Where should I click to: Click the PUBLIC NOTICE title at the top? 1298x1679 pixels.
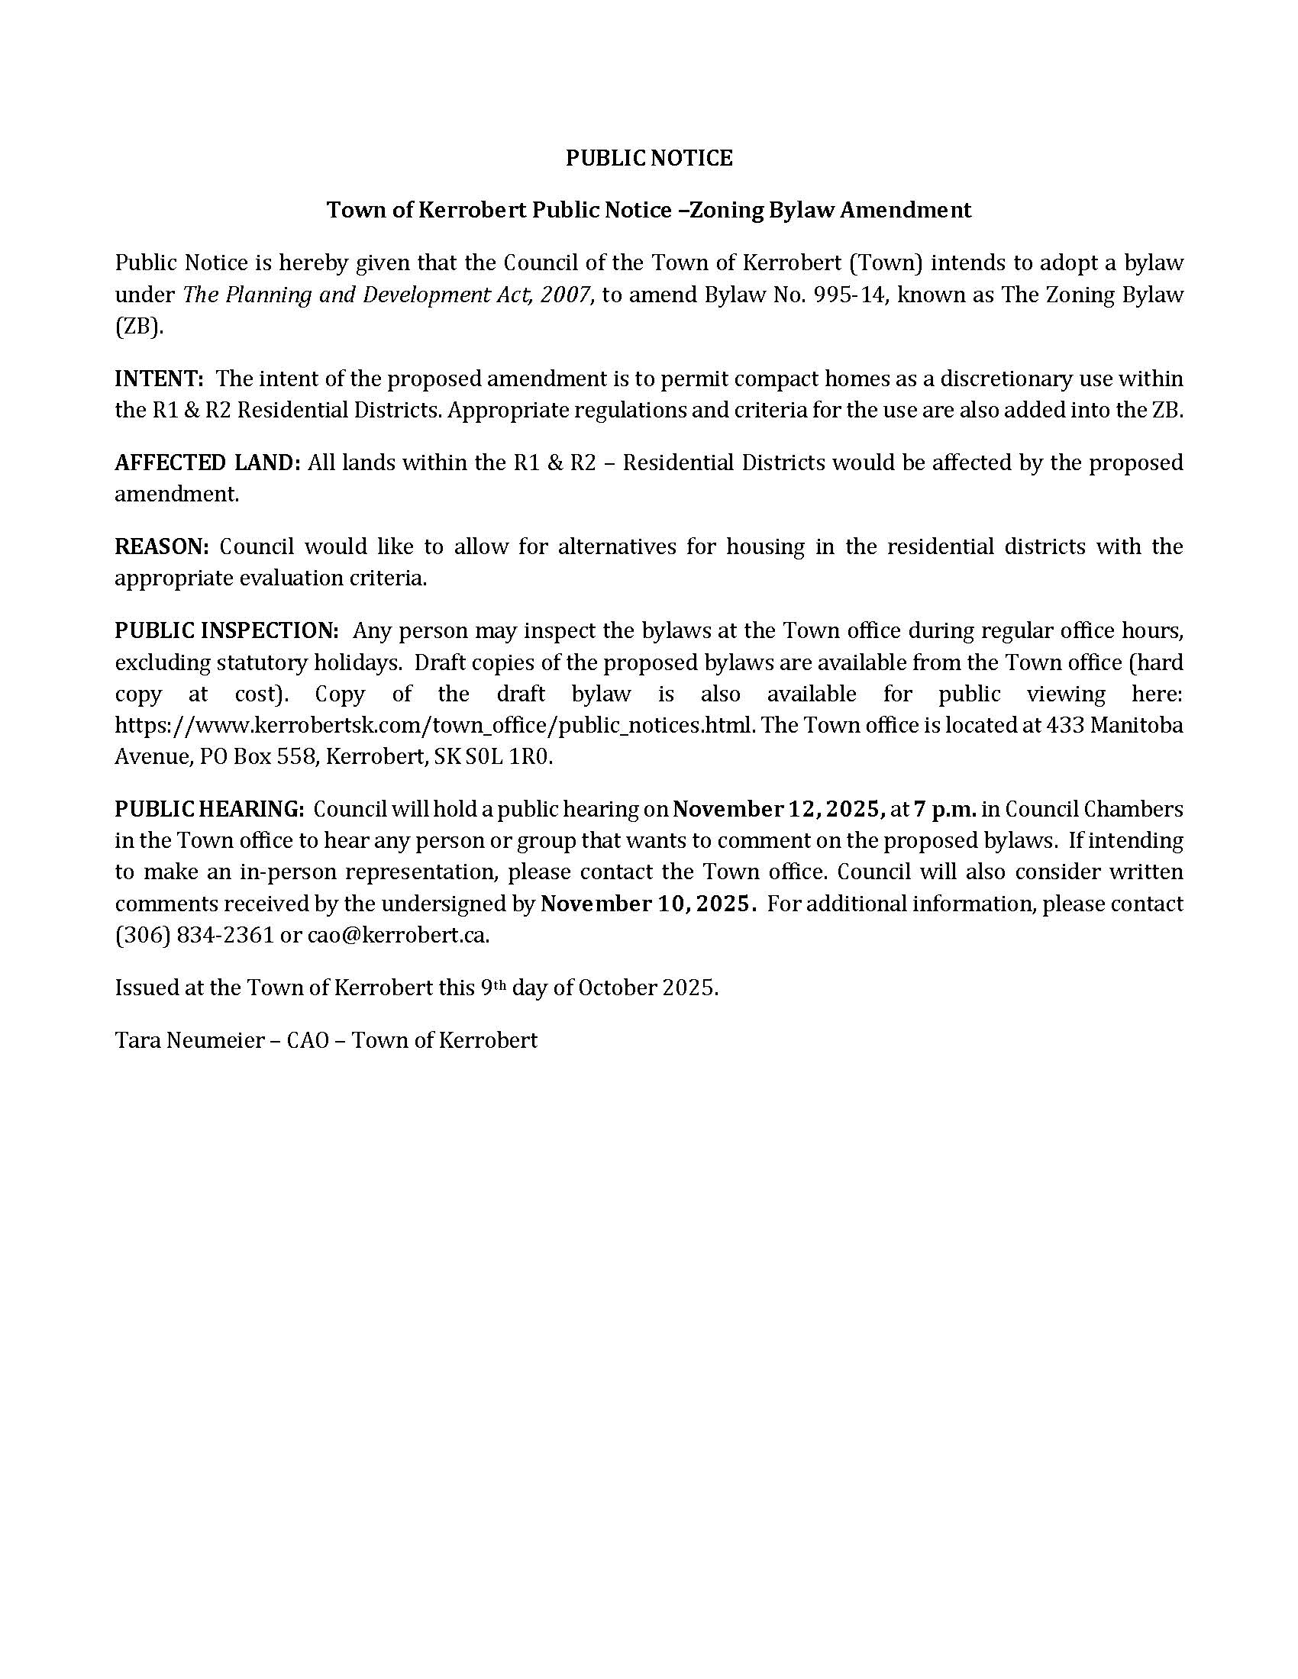[649, 159]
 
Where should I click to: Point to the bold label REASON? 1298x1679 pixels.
[161, 546]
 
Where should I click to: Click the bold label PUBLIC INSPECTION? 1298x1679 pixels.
[227, 630]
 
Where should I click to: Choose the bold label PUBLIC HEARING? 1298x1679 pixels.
[210, 810]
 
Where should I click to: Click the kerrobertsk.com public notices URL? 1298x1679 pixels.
[433, 726]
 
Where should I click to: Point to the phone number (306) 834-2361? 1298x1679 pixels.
[195, 936]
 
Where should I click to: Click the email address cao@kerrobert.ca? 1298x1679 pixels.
[399, 936]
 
